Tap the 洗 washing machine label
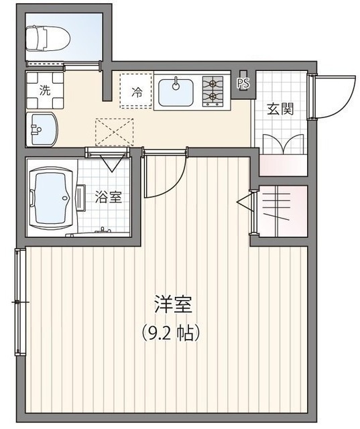44,91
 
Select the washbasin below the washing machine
42,127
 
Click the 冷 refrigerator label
137,93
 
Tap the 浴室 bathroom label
107,197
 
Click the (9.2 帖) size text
173,331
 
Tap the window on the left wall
19,302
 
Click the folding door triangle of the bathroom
109,162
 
